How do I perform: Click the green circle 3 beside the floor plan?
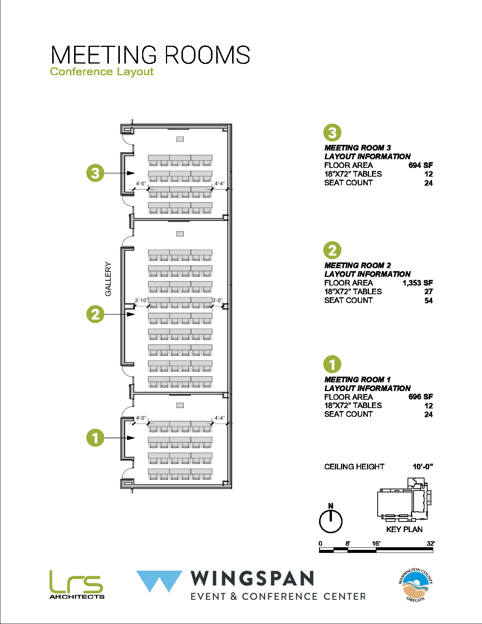tap(95, 173)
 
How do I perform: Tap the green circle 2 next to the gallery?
tap(95, 314)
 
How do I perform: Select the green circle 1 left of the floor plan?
tap(95, 438)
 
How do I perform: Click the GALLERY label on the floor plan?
tap(108, 279)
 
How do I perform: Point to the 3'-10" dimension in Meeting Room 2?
tap(141, 300)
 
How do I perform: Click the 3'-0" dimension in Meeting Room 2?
tap(217, 300)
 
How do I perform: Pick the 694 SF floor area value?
tap(420, 165)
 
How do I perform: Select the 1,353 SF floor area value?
tap(417, 283)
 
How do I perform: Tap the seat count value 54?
tap(428, 301)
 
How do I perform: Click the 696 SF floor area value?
tap(420, 397)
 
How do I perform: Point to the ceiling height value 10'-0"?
tap(423, 467)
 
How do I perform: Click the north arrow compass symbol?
tap(331, 520)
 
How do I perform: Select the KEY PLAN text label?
tap(404, 529)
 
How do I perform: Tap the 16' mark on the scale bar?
tap(376, 544)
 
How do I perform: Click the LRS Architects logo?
tap(77, 585)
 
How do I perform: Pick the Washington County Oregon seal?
tap(415, 585)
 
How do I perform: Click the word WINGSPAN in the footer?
tap(252, 579)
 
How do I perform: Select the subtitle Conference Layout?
tap(102, 71)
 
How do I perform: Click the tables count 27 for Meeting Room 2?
tap(428, 292)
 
